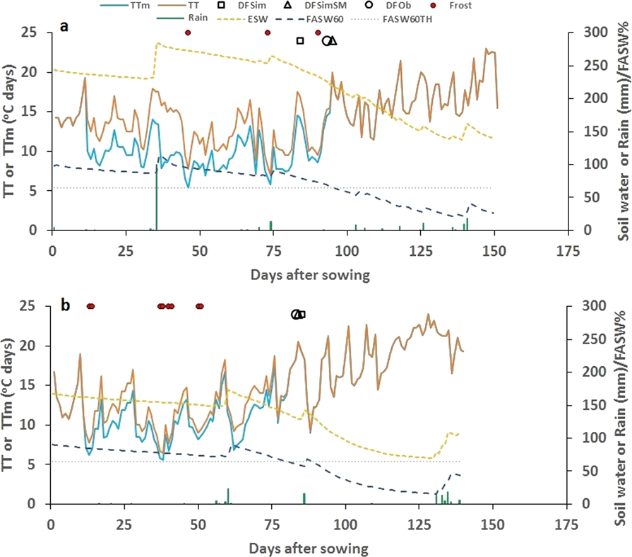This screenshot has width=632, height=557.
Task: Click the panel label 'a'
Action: point(64,28)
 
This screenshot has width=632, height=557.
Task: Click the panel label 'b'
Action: point(65,305)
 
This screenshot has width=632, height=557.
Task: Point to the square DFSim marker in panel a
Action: point(300,41)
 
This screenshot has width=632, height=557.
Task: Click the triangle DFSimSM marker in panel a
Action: point(333,41)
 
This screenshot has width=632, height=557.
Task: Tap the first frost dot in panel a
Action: point(188,33)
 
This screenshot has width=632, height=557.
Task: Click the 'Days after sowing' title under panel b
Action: point(309,548)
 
